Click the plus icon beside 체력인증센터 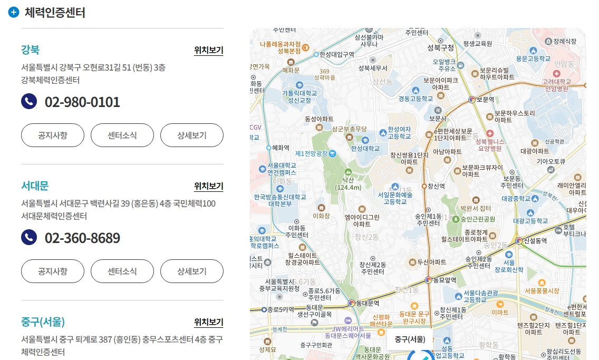tap(14, 13)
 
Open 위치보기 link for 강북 tap(208, 51)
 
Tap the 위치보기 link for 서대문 tap(208, 186)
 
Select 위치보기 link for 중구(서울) tap(208, 322)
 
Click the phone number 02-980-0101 tap(82, 102)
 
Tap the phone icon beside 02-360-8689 tap(29, 238)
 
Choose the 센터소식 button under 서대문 tap(122, 271)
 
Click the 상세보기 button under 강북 tap(192, 135)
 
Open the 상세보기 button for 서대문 tap(192, 271)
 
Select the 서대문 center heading tap(35, 186)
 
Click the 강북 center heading tap(30, 50)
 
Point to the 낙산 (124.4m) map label tap(348, 183)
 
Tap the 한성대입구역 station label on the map tap(336, 54)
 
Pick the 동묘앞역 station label tap(443, 280)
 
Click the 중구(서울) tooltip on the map tap(410, 339)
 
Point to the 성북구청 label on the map tap(440, 48)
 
